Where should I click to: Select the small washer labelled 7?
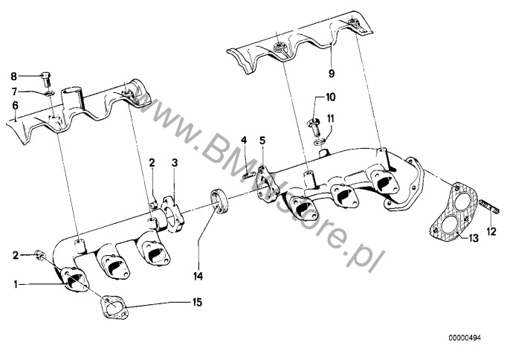click(46, 93)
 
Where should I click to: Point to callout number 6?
click(14, 106)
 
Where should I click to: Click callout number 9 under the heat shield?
click(332, 74)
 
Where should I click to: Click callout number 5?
click(262, 140)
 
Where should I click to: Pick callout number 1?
click(14, 283)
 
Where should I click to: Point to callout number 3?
click(174, 161)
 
